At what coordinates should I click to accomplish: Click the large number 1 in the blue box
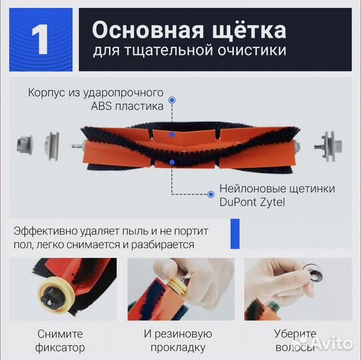[41, 39]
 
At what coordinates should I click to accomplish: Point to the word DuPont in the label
[236, 202]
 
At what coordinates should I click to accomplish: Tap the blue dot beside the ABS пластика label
[172, 100]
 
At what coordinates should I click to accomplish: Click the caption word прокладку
[178, 348]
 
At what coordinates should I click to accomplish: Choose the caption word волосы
[294, 348]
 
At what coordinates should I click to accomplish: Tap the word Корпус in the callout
[47, 92]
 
